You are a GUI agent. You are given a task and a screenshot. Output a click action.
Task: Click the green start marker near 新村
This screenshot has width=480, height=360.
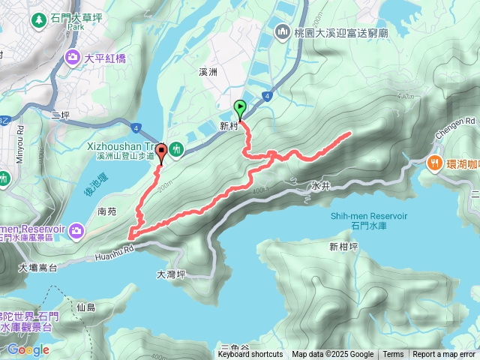coord(240,108)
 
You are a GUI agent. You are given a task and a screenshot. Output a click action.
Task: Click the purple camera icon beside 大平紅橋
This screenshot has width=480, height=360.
coord(73,56)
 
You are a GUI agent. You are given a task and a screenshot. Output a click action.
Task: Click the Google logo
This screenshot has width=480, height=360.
coord(28,349)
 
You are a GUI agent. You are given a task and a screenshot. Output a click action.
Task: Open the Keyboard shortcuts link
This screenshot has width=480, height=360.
coord(250,355)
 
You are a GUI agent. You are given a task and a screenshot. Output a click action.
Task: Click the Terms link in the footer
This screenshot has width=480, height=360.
coord(393,355)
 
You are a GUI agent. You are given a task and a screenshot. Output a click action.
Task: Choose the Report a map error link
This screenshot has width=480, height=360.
coord(444,355)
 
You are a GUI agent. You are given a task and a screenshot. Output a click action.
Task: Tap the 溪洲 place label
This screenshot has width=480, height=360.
coord(208,72)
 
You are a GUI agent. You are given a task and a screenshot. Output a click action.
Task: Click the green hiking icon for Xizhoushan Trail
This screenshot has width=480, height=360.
coord(177,150)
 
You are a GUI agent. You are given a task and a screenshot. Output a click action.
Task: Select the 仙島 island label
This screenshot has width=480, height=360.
coord(86,307)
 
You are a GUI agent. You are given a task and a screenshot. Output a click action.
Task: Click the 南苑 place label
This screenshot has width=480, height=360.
coord(107,212)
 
